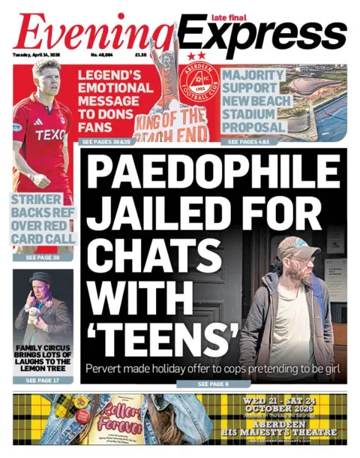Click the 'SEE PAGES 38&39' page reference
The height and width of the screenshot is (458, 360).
(106, 141)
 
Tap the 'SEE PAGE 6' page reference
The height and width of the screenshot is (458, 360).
(213, 384)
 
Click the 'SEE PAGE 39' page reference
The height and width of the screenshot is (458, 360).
(43, 258)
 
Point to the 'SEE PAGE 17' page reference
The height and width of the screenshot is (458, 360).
(43, 381)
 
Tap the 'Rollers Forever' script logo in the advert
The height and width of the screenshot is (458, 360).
(121, 414)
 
